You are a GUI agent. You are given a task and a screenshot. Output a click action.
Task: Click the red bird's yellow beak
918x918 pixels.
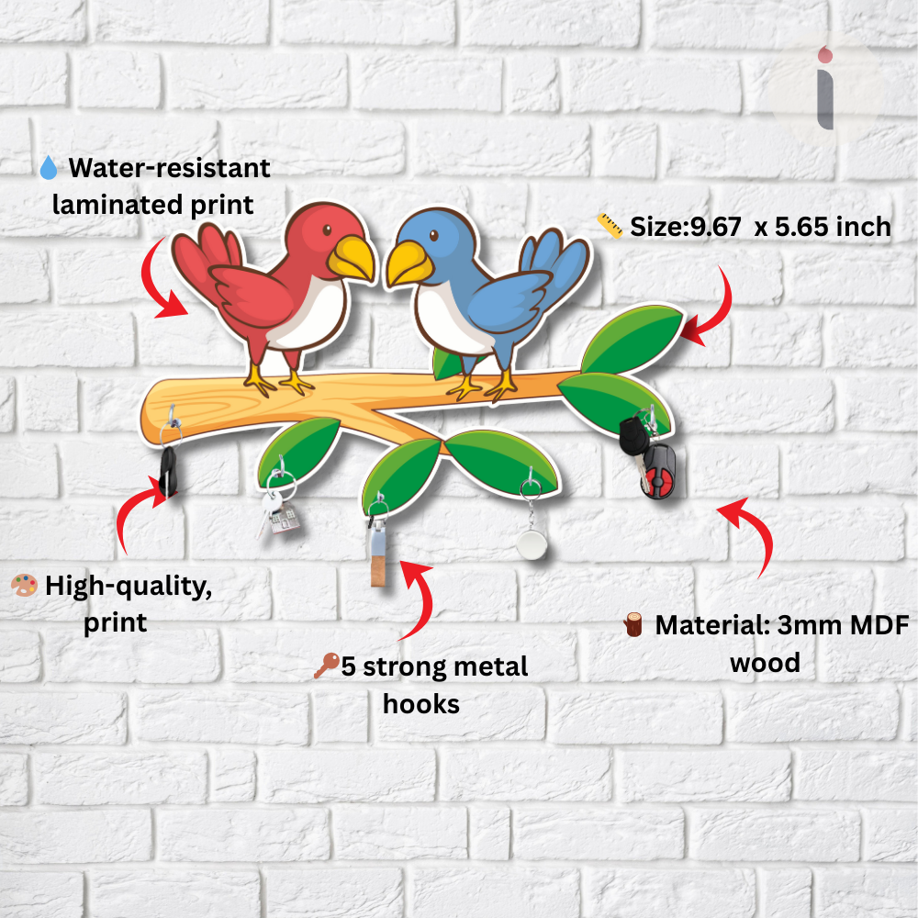pyautogui.click(x=352, y=258)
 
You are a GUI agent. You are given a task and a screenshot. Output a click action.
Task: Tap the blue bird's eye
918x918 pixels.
pyautogui.click(x=434, y=235)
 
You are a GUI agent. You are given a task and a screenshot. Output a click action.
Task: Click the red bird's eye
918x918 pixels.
pyautogui.click(x=327, y=229)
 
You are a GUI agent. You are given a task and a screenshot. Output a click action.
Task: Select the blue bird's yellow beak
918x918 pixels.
pyautogui.click(x=409, y=263)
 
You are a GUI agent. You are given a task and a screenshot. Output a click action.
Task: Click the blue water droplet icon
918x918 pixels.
pyautogui.click(x=49, y=167)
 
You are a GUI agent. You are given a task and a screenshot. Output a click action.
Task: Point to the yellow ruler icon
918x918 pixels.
pyautogui.click(x=610, y=226)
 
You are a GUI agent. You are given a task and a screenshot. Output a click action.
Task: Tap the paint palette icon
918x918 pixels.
pyautogui.click(x=25, y=585)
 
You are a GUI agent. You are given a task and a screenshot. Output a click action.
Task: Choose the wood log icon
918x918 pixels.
pyautogui.click(x=633, y=624)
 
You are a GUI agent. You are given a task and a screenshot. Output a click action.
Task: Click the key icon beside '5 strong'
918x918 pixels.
pyautogui.click(x=326, y=666)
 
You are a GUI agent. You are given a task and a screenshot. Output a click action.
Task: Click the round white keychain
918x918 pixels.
pyautogui.click(x=532, y=543)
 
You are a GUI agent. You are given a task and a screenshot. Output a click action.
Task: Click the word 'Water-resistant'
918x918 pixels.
pyautogui.click(x=169, y=168)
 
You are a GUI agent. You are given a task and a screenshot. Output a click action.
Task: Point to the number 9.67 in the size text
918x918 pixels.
pyautogui.click(x=715, y=227)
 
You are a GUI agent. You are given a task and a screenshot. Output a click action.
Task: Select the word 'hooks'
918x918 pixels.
pyautogui.click(x=421, y=704)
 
